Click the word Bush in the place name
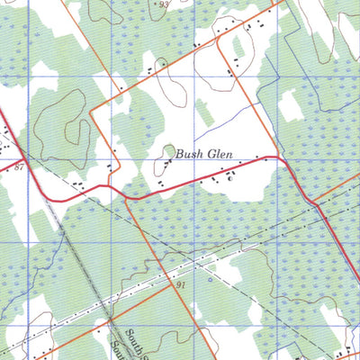click(x=191, y=155)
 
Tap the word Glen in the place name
click(x=220, y=155)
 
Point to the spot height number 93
click(x=163, y=4)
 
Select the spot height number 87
click(x=18, y=167)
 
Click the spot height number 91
click(x=181, y=284)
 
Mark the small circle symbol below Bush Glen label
click(x=230, y=178)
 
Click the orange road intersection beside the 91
click(x=167, y=288)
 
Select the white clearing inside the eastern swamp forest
click(x=290, y=106)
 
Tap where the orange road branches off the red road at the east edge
click(x=317, y=205)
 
